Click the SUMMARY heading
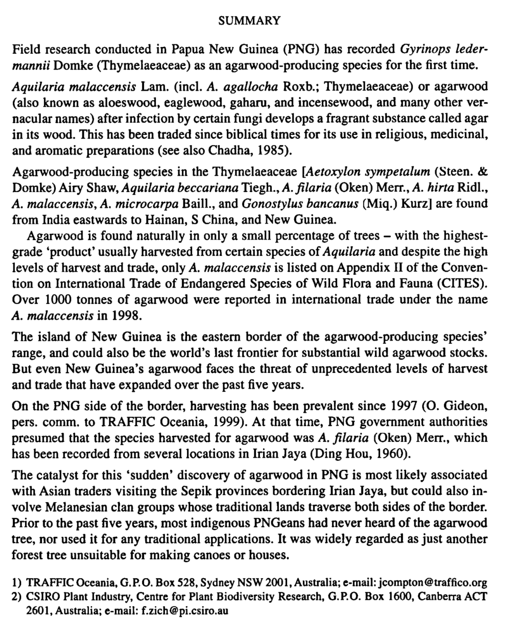click(x=249, y=21)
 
